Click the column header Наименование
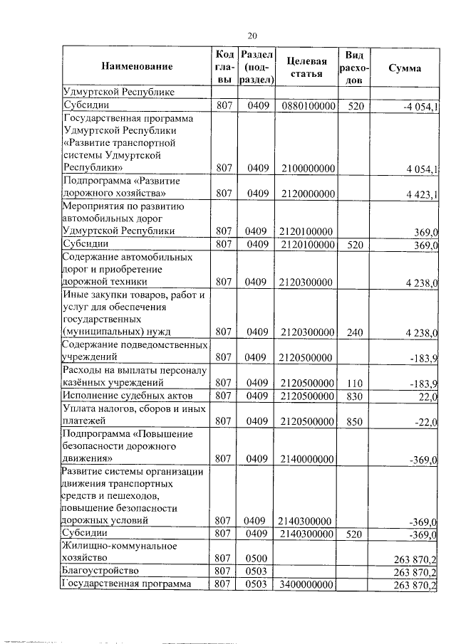tap(137, 68)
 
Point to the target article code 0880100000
tap(308, 106)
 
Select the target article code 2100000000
tap(308, 168)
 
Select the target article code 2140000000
tap(308, 460)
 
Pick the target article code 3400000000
tap(308, 584)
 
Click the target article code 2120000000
tap(308, 194)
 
